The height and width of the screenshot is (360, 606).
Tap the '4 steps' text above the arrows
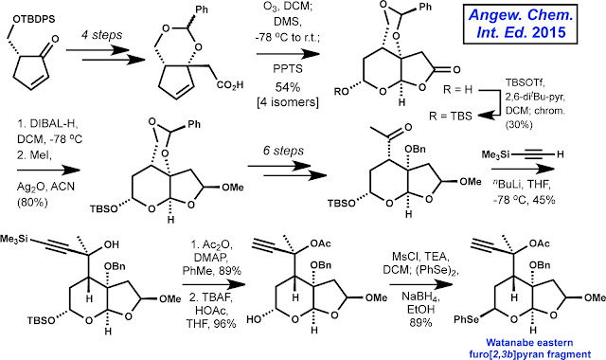coord(101,35)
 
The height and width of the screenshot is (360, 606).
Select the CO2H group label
coord(230,84)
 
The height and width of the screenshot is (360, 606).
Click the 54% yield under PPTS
coord(288,87)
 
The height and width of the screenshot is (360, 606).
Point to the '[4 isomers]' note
coord(288,102)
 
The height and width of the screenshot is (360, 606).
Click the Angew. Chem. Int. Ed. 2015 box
coord(521,24)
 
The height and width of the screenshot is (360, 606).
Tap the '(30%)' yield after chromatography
coord(519,125)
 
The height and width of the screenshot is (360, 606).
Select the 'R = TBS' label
coord(451,116)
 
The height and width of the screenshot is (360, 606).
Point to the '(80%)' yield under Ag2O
coord(32,202)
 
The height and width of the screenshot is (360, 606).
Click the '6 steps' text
coord(283,151)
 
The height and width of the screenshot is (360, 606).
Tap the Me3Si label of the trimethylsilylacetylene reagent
coord(495,155)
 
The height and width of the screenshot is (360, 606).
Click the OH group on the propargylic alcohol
coord(111,244)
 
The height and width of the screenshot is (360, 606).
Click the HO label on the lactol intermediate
coord(255,319)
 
